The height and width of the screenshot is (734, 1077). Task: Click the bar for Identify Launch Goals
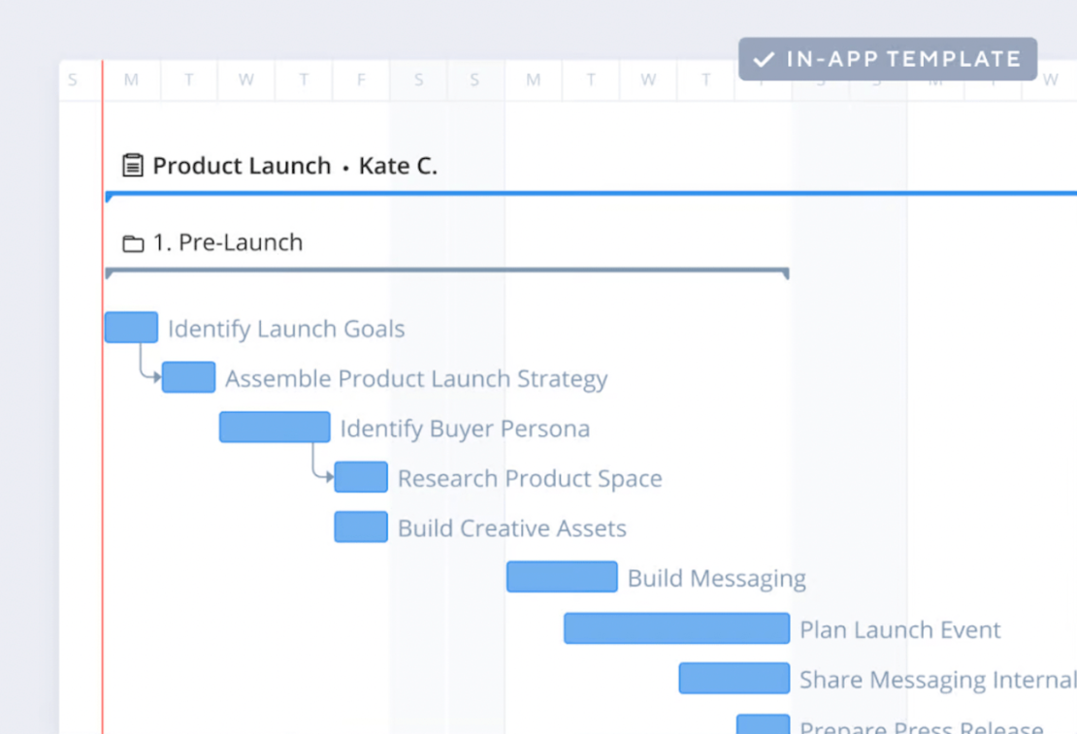click(131, 328)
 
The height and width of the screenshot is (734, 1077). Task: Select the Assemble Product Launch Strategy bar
click(188, 377)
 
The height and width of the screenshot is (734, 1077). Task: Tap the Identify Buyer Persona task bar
click(275, 428)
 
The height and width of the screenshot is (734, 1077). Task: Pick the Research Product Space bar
click(361, 477)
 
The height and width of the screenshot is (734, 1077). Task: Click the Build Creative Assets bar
click(361, 527)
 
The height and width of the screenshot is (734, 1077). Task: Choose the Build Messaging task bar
click(562, 577)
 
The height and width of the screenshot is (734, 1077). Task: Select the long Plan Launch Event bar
click(676, 628)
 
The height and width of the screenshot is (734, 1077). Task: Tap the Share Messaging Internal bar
click(734, 679)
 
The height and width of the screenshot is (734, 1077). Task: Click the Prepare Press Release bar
click(763, 724)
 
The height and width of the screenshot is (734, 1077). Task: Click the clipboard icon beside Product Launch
click(133, 166)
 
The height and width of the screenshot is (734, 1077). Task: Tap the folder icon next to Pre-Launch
click(133, 243)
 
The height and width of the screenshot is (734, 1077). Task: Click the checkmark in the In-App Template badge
click(765, 59)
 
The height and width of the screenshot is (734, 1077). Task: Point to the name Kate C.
click(398, 166)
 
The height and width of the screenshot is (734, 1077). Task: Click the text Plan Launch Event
click(899, 630)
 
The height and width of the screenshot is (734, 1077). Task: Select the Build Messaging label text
click(716, 579)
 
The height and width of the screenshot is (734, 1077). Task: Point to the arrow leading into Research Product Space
click(328, 477)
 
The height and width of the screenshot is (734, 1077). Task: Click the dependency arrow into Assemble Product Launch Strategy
click(155, 377)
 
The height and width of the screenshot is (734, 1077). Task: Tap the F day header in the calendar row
click(361, 80)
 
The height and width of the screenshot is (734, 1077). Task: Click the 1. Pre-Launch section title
click(227, 242)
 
